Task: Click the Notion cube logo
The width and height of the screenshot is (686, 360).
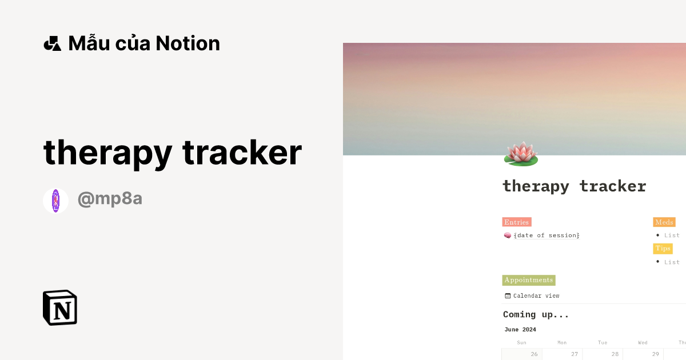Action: [x=60, y=307]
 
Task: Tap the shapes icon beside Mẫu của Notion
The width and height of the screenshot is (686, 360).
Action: [x=52, y=43]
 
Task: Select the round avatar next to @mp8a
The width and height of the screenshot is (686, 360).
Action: [x=55, y=201]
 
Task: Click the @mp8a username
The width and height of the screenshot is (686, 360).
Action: [x=110, y=199]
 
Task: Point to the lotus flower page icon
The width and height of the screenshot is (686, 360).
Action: [x=521, y=153]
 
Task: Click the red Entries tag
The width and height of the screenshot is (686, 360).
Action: [x=517, y=222]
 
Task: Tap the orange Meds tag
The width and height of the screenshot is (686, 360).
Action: [x=664, y=222]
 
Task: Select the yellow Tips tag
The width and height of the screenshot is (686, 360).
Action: [x=663, y=249]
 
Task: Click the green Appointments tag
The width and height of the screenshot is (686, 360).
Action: [x=529, y=280]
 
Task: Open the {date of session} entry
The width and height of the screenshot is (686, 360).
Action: [x=547, y=235]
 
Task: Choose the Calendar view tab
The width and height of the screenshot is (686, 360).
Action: [x=536, y=295]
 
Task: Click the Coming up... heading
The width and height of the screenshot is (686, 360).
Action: [x=536, y=314]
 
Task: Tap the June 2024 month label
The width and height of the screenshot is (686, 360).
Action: [x=520, y=330]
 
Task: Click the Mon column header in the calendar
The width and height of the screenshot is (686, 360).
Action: [x=562, y=342]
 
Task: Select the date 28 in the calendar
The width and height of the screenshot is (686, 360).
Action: [x=615, y=354]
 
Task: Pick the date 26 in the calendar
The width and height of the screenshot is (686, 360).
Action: [x=534, y=354]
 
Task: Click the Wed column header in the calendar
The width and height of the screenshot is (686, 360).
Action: [x=643, y=342]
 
